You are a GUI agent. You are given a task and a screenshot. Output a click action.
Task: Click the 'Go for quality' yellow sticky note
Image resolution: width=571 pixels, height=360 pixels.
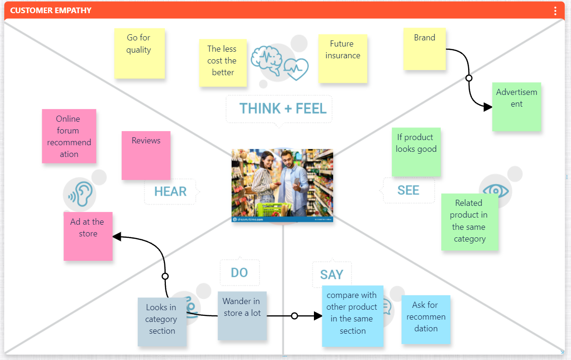point(140,53)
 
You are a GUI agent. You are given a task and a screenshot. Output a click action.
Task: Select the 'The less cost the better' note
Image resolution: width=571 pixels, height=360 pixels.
point(223,63)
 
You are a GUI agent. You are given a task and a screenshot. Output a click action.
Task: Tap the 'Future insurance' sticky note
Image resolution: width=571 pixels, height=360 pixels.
point(343,58)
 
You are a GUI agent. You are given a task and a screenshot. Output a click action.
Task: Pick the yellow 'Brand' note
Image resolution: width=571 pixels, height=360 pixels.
point(424,49)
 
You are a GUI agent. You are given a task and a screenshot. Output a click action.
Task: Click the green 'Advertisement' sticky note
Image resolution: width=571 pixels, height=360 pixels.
point(516,107)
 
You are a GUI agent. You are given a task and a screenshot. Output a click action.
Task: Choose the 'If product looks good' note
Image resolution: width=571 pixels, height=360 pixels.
point(416,152)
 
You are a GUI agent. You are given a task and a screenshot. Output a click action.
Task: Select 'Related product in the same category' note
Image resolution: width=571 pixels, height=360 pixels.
point(469,221)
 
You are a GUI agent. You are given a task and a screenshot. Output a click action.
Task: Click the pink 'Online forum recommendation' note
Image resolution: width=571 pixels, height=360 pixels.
point(69,136)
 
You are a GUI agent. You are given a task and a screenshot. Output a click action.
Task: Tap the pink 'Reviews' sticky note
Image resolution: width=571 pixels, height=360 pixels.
point(146,155)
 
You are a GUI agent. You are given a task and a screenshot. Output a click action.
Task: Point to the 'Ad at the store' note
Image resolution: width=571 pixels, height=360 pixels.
point(88,236)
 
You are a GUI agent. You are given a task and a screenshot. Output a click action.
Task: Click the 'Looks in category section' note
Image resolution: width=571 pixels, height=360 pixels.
point(161,322)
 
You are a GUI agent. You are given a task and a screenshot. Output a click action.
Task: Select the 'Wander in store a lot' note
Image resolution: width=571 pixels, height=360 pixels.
point(242,315)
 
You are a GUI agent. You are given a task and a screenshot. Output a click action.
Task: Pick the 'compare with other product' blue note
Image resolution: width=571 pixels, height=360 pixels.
point(352,315)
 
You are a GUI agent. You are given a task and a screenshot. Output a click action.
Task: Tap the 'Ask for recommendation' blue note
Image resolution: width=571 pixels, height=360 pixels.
point(426,319)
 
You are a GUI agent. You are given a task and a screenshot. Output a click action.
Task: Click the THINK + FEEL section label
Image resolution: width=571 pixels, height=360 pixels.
point(282,109)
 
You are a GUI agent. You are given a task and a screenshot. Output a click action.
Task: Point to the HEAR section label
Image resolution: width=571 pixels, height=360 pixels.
point(170,191)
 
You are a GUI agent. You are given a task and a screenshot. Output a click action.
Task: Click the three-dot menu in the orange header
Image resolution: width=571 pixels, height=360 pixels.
point(555,10)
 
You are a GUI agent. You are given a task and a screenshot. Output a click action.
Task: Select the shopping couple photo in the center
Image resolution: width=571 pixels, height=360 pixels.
point(282,185)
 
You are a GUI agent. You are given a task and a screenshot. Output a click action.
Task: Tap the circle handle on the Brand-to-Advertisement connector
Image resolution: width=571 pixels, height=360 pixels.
point(469,78)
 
